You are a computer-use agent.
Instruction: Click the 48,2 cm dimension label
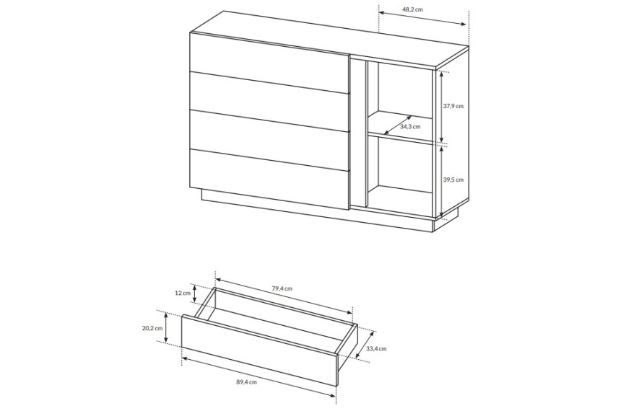[x=413, y=9]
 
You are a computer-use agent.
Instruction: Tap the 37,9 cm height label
[x=453, y=106]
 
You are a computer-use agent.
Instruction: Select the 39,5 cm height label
[x=453, y=180]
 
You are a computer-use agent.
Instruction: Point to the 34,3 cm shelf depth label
[x=410, y=127]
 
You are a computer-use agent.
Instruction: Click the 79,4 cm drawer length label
[x=282, y=288]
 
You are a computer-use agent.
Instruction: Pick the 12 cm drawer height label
[x=183, y=293]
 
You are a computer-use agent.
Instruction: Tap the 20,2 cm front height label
[x=153, y=328]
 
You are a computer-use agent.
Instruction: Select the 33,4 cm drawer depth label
[x=376, y=348]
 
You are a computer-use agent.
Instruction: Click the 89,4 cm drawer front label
[x=246, y=381]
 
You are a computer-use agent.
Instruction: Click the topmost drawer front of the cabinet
[x=269, y=63]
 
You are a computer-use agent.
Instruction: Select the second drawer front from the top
[x=269, y=102]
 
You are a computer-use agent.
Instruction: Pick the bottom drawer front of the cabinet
[x=269, y=179]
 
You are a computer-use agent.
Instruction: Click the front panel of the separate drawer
[x=259, y=350]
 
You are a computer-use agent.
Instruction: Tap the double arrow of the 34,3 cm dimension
[x=398, y=125]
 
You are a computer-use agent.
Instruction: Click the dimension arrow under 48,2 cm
[x=422, y=19]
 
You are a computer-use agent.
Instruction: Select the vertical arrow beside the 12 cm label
[x=195, y=293]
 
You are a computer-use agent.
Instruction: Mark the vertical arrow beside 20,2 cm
[x=166, y=327]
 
